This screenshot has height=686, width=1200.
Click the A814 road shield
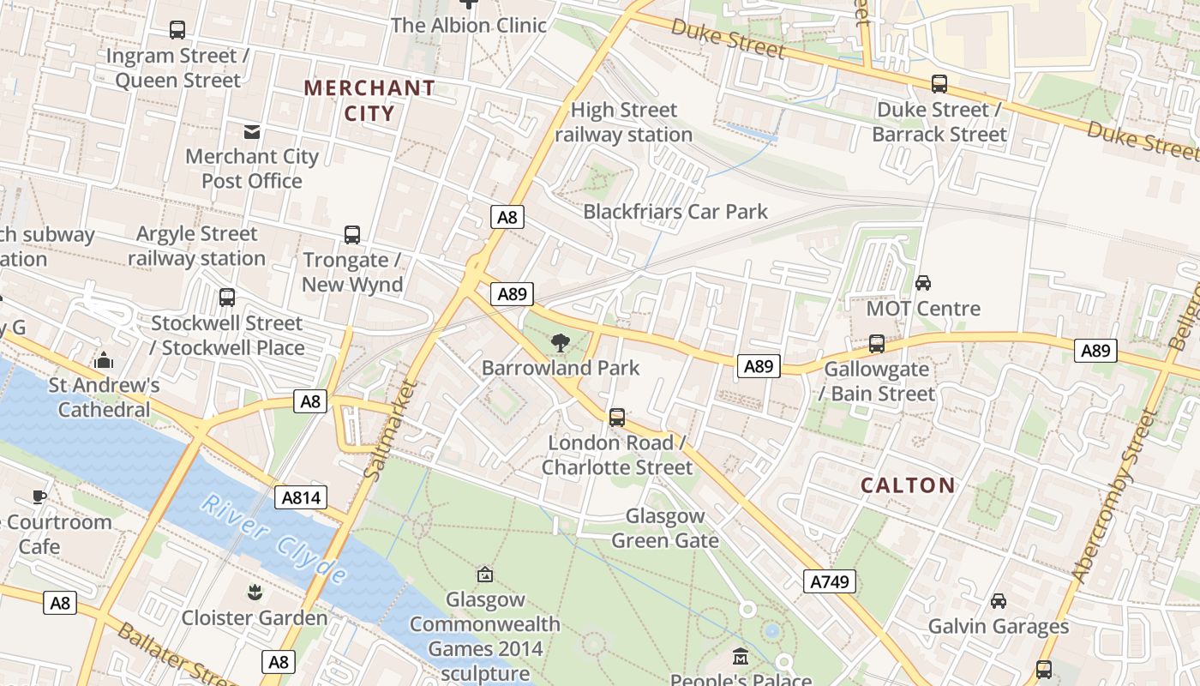click(x=301, y=497)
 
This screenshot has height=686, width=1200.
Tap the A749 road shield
click(x=830, y=581)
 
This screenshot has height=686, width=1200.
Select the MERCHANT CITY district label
click(x=369, y=100)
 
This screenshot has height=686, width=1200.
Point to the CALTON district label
click(x=908, y=485)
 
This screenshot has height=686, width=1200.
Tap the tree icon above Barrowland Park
click(x=561, y=343)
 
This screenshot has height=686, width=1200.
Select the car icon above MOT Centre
click(x=923, y=283)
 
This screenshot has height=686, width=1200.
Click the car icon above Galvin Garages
click(x=999, y=601)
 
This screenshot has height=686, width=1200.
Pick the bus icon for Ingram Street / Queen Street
click(x=177, y=30)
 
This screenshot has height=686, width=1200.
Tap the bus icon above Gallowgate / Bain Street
click(x=877, y=344)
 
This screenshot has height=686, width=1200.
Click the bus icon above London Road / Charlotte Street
click(x=617, y=418)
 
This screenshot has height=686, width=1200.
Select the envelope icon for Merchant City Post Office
click(x=252, y=131)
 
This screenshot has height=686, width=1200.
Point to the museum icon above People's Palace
click(x=741, y=657)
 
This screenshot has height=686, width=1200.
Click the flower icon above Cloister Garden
click(x=255, y=593)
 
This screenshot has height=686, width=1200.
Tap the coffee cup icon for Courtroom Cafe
click(x=39, y=496)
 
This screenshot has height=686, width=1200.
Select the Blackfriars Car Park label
click(x=675, y=212)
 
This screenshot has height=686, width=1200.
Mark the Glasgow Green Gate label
click(x=665, y=527)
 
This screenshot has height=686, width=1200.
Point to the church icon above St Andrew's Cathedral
click(x=104, y=360)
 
